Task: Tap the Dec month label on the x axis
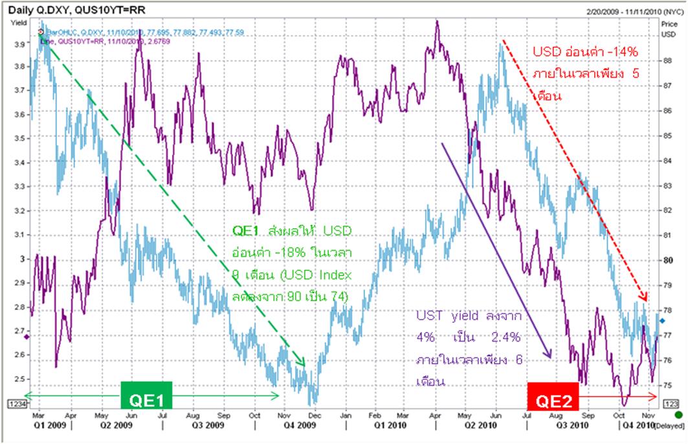pos(313,414)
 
